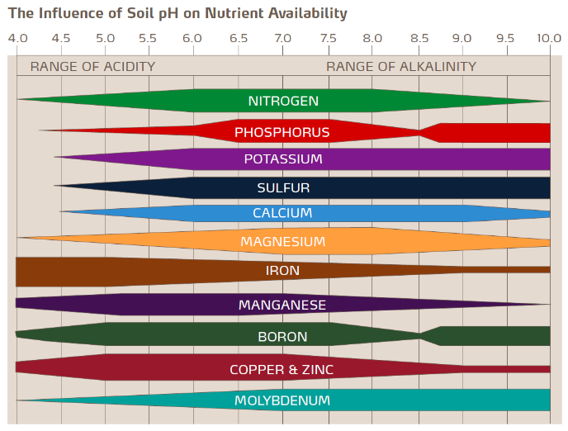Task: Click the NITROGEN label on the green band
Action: [282, 101]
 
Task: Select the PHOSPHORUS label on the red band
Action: [282, 132]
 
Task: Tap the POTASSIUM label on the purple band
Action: [282, 159]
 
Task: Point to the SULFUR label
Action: [282, 187]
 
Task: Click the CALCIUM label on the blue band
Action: [282, 213]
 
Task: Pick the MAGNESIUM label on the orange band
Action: [282, 242]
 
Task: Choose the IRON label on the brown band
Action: [282, 271]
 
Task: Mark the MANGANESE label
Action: [282, 305]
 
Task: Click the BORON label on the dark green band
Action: [282, 337]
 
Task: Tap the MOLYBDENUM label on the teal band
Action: [282, 400]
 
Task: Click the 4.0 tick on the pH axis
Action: [17, 38]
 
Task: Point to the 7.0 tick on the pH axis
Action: [282, 38]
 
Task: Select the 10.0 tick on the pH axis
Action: [548, 38]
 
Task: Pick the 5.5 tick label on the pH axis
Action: [149, 38]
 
